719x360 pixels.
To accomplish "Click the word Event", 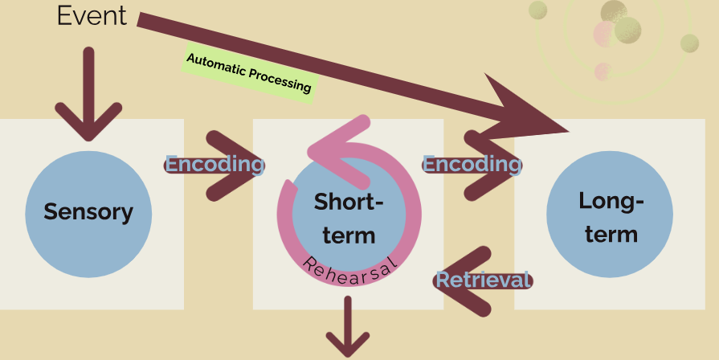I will (x=92, y=15).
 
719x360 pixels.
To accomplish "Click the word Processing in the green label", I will (x=279, y=80).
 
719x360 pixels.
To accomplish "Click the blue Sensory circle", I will (x=88, y=213).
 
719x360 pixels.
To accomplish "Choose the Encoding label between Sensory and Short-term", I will (x=214, y=165).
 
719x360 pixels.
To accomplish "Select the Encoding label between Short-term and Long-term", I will (x=472, y=165).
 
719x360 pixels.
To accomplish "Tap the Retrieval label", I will (x=483, y=280).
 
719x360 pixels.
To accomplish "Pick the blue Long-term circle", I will (x=608, y=213).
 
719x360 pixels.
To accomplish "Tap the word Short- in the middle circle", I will (x=348, y=201).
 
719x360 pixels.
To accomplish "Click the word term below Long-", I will (x=611, y=235).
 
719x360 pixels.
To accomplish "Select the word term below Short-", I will (x=348, y=236).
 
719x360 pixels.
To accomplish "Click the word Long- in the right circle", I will (x=611, y=201).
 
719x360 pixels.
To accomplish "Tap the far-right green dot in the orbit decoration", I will (x=689, y=43).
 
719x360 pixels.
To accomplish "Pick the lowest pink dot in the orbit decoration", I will (x=602, y=72).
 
